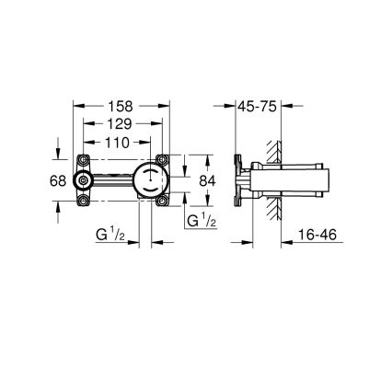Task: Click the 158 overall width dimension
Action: (121, 106)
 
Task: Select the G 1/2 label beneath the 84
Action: (201, 221)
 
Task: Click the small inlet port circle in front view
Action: (87, 180)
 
